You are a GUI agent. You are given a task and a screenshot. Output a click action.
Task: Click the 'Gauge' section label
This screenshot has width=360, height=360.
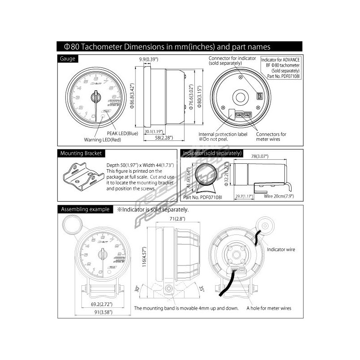(x=68, y=59)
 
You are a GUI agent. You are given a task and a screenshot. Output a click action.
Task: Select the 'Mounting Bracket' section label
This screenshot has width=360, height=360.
(x=81, y=153)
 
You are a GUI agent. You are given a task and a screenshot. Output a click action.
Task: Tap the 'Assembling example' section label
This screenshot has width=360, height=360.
(x=85, y=209)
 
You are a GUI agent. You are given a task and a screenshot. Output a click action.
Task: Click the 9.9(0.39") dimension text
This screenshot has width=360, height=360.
(x=148, y=59)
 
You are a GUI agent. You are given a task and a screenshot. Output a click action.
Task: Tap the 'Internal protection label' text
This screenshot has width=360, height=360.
(x=224, y=134)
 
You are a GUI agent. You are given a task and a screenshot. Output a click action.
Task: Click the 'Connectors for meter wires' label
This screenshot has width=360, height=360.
(x=271, y=137)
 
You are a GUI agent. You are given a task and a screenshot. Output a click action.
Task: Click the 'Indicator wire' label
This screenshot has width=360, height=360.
(x=282, y=248)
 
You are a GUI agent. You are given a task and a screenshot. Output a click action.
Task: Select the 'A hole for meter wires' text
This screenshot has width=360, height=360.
(x=269, y=308)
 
